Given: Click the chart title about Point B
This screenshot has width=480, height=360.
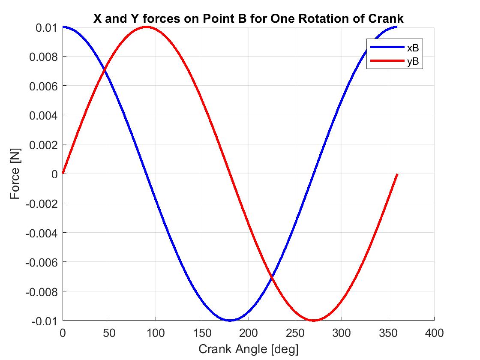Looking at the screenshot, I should [248, 19].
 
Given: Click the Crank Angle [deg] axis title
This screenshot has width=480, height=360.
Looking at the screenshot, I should [248, 349].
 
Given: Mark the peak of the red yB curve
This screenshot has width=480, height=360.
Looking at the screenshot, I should [146, 27].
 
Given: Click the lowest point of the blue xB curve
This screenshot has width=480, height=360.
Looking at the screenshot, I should [230, 320].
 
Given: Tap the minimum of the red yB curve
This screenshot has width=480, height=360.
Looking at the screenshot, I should [314, 320].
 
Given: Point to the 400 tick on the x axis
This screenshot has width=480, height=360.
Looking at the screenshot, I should [434, 333].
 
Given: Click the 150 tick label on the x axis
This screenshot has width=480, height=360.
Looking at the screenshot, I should [202, 333].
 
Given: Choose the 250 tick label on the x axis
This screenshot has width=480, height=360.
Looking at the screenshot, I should [295, 333].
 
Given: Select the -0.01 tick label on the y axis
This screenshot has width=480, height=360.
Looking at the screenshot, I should [45, 321].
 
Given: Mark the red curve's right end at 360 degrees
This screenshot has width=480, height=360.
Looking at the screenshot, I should [397, 174].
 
